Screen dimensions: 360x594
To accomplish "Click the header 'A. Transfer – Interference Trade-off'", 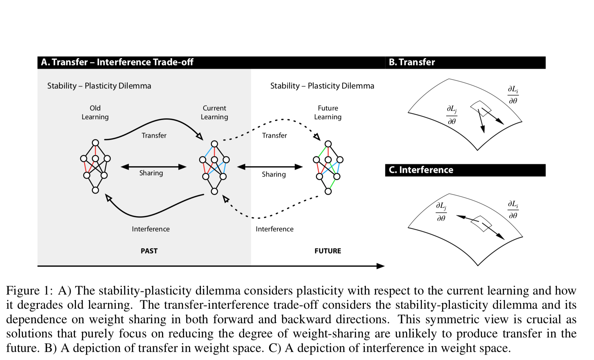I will (x=117, y=62).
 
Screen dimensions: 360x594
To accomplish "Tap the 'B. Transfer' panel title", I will (x=412, y=62).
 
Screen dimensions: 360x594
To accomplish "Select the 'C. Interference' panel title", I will (x=421, y=170).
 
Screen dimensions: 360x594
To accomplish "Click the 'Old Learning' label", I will (x=95, y=112).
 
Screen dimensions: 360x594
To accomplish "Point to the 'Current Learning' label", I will (x=214, y=112).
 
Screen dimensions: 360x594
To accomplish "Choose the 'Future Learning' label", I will (x=328, y=112).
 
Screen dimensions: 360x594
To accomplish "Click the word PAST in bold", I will (x=149, y=251).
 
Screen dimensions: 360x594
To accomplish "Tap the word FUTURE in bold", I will (x=328, y=251).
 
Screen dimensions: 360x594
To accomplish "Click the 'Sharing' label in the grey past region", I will (x=151, y=173).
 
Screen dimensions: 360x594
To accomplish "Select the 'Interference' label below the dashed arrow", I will (x=274, y=229).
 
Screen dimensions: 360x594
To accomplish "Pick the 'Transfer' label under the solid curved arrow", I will (x=154, y=135).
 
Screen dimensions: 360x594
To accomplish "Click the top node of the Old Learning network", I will (x=96, y=143).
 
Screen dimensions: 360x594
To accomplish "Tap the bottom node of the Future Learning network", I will (x=328, y=191).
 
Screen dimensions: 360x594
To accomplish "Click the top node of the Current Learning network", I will (x=214, y=144).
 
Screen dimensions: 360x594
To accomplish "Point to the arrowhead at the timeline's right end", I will (x=381, y=266).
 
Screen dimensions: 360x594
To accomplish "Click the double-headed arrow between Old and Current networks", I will (x=154, y=166).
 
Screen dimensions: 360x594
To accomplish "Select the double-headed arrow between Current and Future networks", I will (x=270, y=166).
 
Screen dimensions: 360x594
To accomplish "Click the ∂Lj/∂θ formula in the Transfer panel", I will (x=452, y=115).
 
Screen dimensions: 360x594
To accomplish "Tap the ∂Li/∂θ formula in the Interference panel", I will (x=513, y=210).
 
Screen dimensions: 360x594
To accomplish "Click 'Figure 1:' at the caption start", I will (x=30, y=291).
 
